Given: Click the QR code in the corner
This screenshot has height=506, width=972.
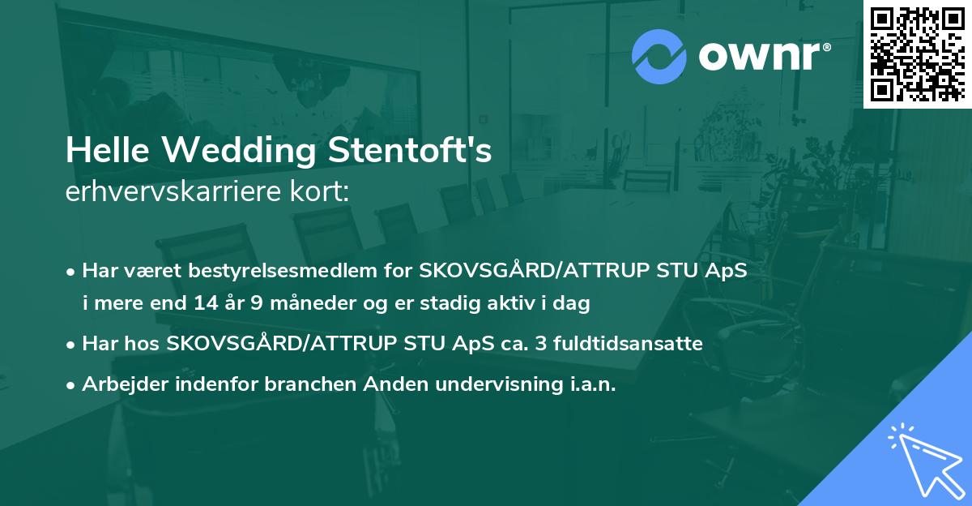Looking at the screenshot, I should point(916,54).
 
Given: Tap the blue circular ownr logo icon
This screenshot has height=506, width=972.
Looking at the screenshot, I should point(659,56).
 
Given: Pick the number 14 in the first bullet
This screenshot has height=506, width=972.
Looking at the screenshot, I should point(206,303).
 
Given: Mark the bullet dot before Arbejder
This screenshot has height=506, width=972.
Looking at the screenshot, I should point(72,385).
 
